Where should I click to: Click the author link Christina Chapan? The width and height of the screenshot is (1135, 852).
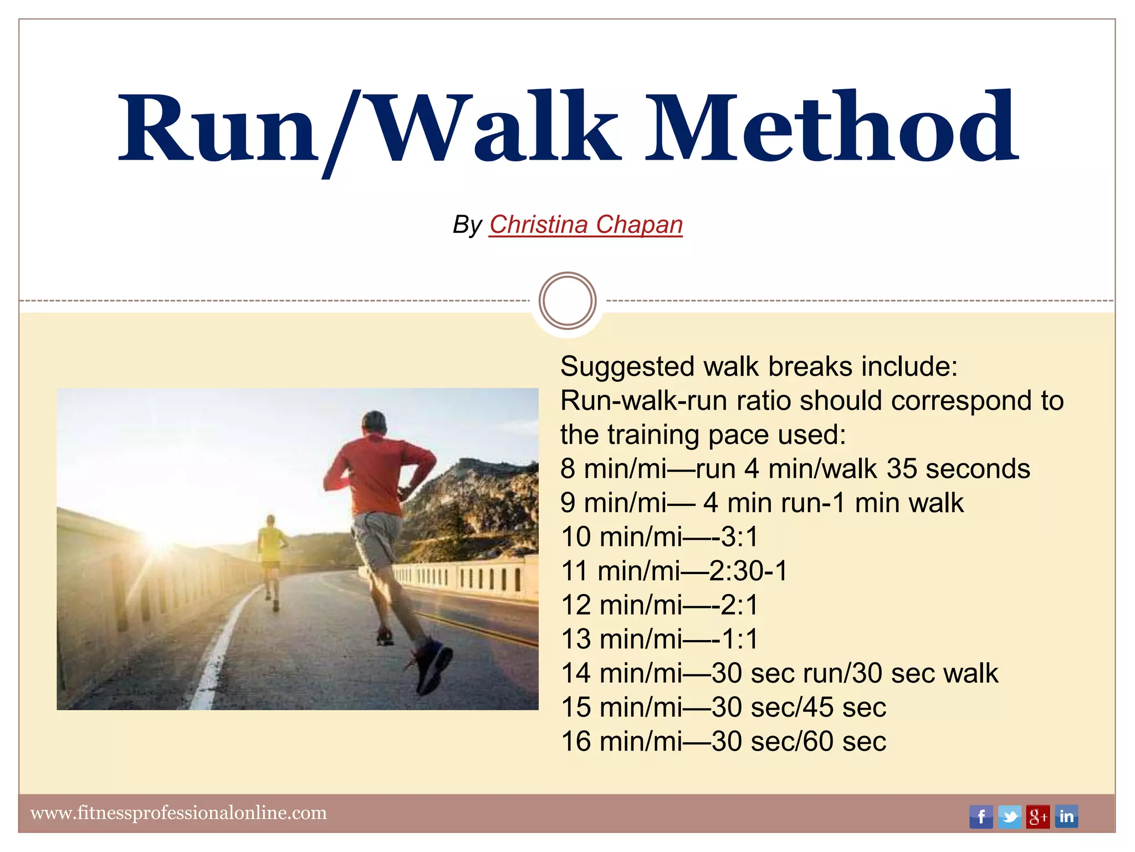[585, 225]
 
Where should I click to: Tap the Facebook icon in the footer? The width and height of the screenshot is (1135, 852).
[980, 816]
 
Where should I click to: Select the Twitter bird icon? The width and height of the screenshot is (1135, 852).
[1009, 816]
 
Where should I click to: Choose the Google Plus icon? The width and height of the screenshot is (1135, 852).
[1037, 816]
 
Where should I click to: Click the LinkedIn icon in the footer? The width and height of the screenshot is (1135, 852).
[1066, 816]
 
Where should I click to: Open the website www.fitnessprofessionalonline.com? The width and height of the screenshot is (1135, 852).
[178, 813]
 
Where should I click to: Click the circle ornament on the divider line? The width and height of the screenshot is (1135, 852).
[567, 301]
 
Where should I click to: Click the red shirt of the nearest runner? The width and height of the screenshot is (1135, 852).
[377, 471]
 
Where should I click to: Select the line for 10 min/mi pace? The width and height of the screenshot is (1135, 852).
[659, 537]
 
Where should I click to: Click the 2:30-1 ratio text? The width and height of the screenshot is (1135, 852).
[748, 571]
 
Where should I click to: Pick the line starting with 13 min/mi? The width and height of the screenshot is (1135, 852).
[659, 639]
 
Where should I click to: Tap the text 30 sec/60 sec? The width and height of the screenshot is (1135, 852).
[799, 742]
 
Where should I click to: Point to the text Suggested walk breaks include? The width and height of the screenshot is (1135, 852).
[759, 367]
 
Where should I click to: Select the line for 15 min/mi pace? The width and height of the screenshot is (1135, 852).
[723, 707]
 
